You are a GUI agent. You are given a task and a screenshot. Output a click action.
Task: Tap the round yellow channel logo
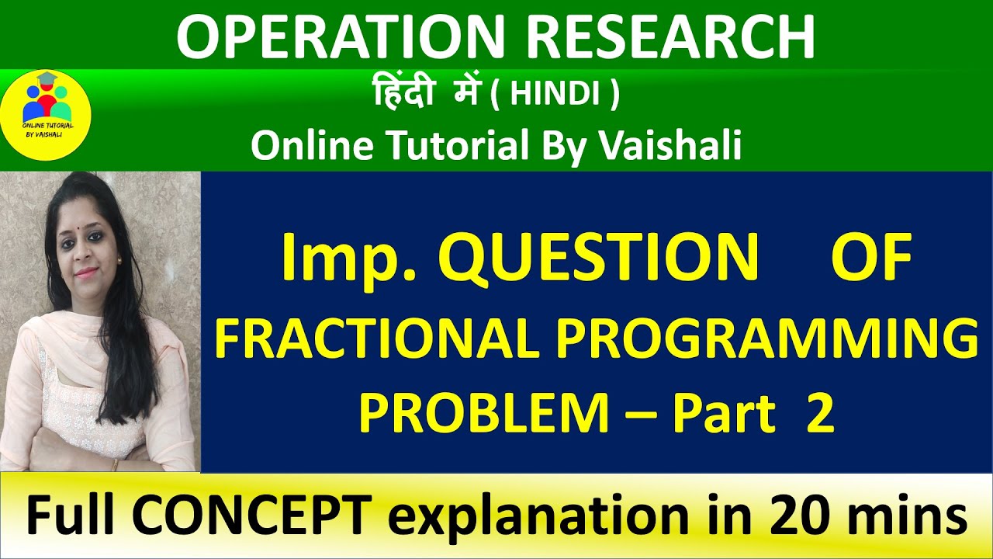(x=47, y=113)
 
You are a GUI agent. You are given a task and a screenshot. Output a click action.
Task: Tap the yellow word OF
(x=870, y=259)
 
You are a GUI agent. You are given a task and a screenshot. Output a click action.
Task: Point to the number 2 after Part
(x=819, y=413)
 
